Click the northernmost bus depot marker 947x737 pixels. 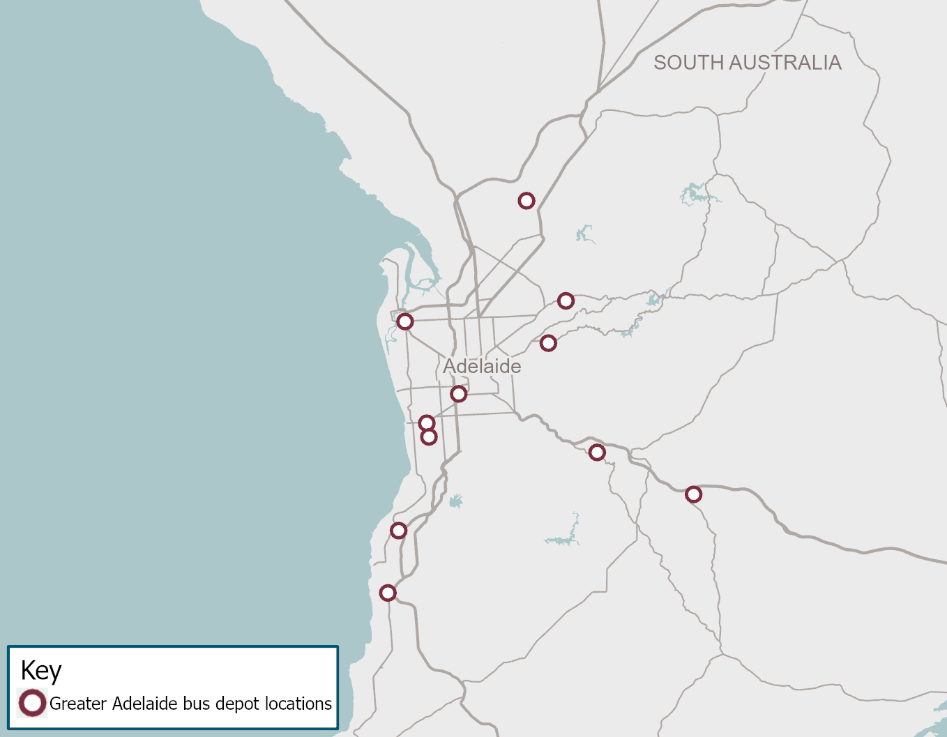[x=526, y=201]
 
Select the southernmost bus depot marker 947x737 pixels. [x=388, y=593]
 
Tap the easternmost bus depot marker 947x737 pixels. [x=693, y=494]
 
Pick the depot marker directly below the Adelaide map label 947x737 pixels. [x=458, y=394]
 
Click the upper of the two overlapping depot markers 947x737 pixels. [x=427, y=423]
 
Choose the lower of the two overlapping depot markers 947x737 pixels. [x=429, y=437]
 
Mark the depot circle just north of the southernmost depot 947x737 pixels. [x=398, y=531]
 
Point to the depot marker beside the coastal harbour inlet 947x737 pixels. [x=405, y=321]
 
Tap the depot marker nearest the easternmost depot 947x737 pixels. [x=597, y=453]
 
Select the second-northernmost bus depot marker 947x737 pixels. [x=566, y=301]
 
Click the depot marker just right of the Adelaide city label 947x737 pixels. [x=548, y=342]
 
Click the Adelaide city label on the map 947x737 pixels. [x=482, y=366]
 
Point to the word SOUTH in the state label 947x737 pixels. [x=688, y=63]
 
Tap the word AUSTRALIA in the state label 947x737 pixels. [x=785, y=63]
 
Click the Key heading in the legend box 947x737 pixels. [x=41, y=671]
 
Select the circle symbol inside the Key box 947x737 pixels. [x=32, y=703]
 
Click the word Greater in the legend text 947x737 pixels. [x=77, y=704]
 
